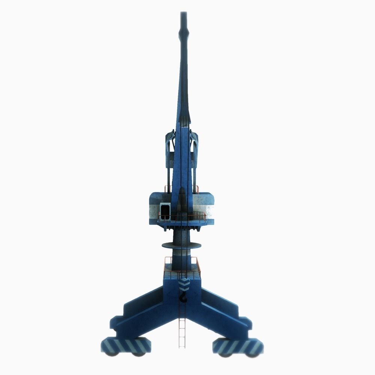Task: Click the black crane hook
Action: coord(183,298)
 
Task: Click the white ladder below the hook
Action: coord(182,330)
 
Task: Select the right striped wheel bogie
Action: coord(238,346)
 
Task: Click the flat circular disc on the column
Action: coord(181,246)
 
